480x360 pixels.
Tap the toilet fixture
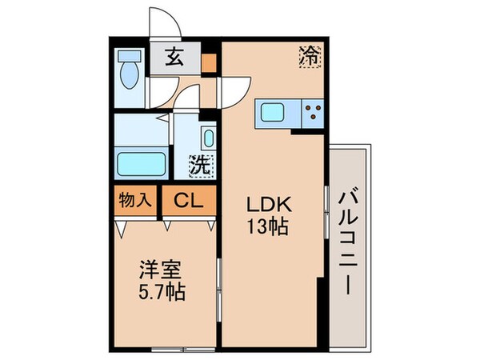coord(128,74)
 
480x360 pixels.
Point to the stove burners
coord(313,114)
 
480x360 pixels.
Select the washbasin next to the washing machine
coord(208,137)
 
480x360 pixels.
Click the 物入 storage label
coord(134,199)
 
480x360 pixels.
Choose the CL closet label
coord(190,200)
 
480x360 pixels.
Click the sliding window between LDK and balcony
coord(327,212)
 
